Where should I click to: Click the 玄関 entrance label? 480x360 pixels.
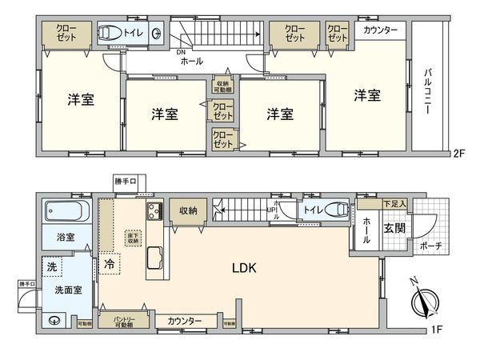tap(394, 229)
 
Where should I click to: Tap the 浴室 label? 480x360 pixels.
tap(66, 238)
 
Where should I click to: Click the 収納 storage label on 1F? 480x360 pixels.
tap(188, 210)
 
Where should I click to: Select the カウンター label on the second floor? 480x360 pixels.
tap(381, 30)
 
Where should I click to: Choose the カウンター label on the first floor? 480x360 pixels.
tap(185, 321)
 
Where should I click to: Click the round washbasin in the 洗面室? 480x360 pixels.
tap(54, 322)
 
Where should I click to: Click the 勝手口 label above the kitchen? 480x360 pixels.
tap(126, 180)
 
